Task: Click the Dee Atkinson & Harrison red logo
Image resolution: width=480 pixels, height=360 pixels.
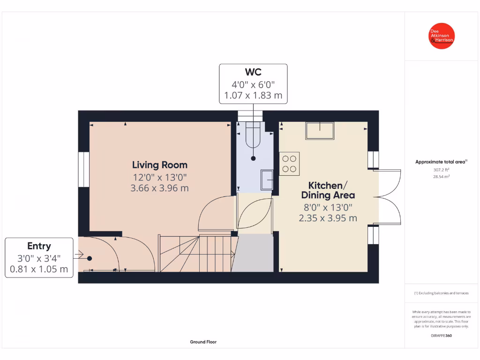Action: click(x=442, y=36)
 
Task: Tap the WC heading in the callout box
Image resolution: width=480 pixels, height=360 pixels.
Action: click(x=253, y=72)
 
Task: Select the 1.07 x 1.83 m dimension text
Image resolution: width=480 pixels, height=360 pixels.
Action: click(x=253, y=96)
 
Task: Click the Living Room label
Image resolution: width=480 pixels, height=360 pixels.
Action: click(x=160, y=165)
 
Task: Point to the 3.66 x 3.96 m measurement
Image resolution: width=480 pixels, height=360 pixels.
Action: click(x=160, y=188)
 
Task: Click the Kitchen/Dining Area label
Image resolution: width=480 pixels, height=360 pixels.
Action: click(x=328, y=190)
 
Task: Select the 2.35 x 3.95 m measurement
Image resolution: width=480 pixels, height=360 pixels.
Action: click(x=328, y=218)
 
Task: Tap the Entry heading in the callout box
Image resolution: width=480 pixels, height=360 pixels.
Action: click(x=39, y=246)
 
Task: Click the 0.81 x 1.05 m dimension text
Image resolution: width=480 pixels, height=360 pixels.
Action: click(x=39, y=270)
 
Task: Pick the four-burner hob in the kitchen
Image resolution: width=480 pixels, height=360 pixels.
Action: click(x=289, y=164)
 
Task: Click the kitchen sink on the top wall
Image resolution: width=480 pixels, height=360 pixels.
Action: click(x=320, y=130)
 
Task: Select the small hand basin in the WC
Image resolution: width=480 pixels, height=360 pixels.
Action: click(x=267, y=180)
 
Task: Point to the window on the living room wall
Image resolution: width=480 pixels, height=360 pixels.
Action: click(x=83, y=169)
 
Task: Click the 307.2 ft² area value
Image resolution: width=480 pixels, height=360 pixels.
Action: click(x=441, y=170)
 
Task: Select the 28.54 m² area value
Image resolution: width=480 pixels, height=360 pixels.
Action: click(x=441, y=177)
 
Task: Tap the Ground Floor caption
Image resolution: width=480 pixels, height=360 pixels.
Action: click(x=203, y=342)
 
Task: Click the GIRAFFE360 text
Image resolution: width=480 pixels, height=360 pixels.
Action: click(x=441, y=336)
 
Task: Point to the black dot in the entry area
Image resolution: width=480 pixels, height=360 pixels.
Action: click(x=89, y=258)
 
